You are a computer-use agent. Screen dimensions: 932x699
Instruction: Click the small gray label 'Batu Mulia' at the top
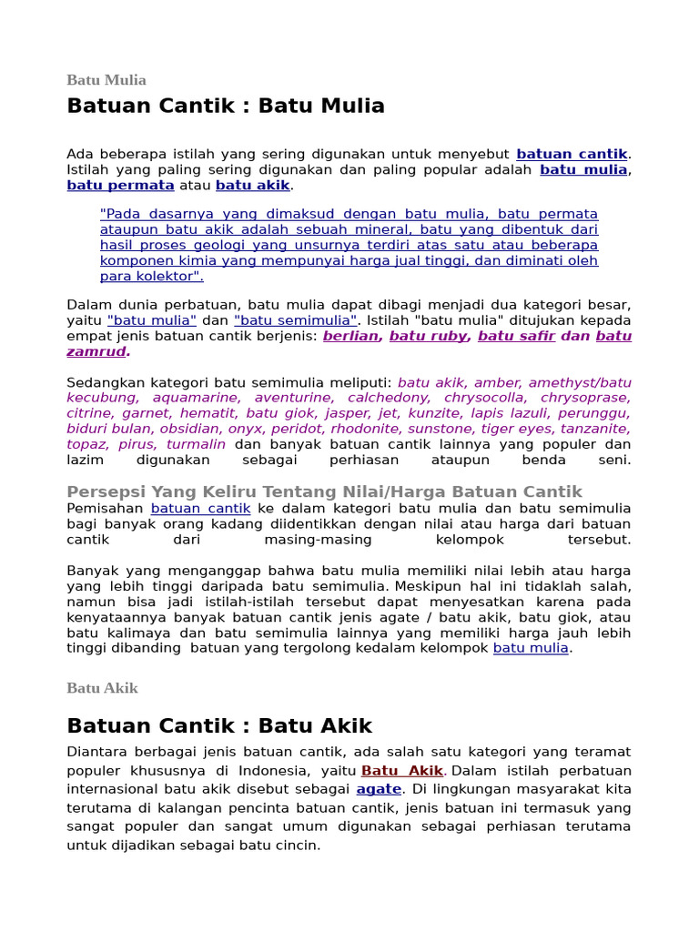[x=106, y=80]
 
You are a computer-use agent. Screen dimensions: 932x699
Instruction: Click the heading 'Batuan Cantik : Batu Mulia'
[x=226, y=106]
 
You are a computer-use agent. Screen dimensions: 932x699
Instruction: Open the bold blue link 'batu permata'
[x=120, y=185]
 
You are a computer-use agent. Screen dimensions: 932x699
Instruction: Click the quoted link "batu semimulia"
[x=295, y=320]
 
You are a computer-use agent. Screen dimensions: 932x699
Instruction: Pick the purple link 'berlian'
[x=350, y=336]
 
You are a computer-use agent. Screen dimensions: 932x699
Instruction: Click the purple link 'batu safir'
[x=516, y=336]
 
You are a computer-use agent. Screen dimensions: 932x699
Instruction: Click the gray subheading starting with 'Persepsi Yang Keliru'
[x=324, y=491]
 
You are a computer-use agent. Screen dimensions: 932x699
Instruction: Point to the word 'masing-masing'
[x=318, y=540]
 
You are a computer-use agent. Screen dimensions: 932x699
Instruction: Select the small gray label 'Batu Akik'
[x=102, y=688]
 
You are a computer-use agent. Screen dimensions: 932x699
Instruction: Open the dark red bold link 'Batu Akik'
[x=402, y=771]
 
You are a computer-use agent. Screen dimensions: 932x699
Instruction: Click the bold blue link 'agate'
[x=379, y=789]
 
